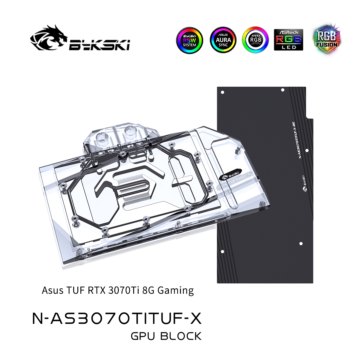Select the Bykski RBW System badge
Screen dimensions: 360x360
tap(189, 40)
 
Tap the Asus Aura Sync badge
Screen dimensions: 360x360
tap(223, 40)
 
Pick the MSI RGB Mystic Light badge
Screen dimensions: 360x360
tap(255, 40)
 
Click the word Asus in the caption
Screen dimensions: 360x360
tap(51, 291)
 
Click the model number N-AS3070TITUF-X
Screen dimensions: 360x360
tap(117, 318)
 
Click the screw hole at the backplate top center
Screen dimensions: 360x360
tap(283, 90)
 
